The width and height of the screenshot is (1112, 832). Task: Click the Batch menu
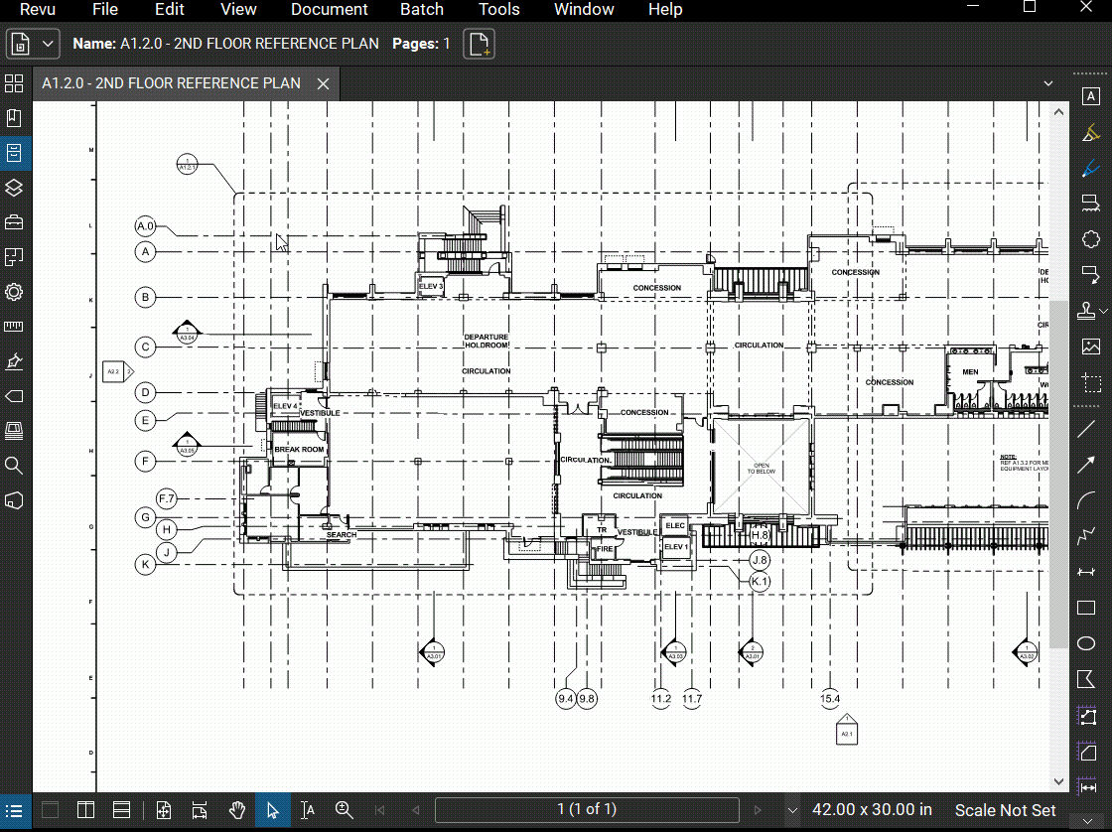(422, 10)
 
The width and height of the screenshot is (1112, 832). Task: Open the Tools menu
(498, 10)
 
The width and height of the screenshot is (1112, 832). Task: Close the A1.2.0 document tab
(323, 84)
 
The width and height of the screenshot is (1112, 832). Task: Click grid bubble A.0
(146, 226)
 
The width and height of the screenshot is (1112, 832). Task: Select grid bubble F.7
(167, 497)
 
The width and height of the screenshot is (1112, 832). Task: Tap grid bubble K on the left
(146, 565)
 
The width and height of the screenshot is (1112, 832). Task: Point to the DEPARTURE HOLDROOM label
(486, 341)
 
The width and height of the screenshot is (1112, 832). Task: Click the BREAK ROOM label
(299, 450)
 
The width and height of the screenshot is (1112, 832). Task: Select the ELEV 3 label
(431, 286)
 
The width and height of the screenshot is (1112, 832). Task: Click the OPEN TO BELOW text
(762, 468)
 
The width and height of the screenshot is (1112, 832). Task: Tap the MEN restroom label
(970, 372)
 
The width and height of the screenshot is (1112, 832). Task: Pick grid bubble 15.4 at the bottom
(829, 699)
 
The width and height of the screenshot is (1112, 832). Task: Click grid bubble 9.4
(566, 699)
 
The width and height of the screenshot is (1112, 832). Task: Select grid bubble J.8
(761, 560)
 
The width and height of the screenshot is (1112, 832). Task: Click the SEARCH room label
(341, 535)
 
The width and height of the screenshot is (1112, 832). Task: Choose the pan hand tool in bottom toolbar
(237, 810)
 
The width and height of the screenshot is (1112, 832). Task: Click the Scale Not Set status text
(1005, 810)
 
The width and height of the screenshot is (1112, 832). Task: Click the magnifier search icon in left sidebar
(14, 465)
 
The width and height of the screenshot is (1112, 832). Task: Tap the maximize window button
(1030, 7)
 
